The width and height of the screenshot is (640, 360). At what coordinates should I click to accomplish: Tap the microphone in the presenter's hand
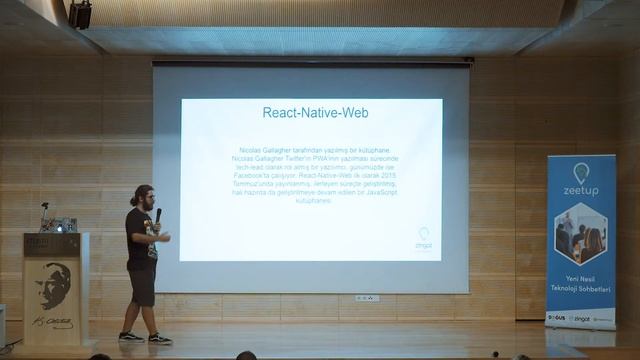point(158,214)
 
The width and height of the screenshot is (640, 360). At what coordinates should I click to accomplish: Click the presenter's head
point(142,195)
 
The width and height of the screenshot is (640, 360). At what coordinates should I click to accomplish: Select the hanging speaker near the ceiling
point(80,14)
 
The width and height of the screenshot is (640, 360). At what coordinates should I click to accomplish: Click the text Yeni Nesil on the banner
point(581,279)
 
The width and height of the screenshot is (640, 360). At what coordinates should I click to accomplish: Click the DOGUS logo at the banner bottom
point(557,319)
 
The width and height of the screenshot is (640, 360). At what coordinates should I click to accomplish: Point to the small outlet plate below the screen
point(367,298)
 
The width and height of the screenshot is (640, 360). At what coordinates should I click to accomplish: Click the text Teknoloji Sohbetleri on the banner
point(581,290)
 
